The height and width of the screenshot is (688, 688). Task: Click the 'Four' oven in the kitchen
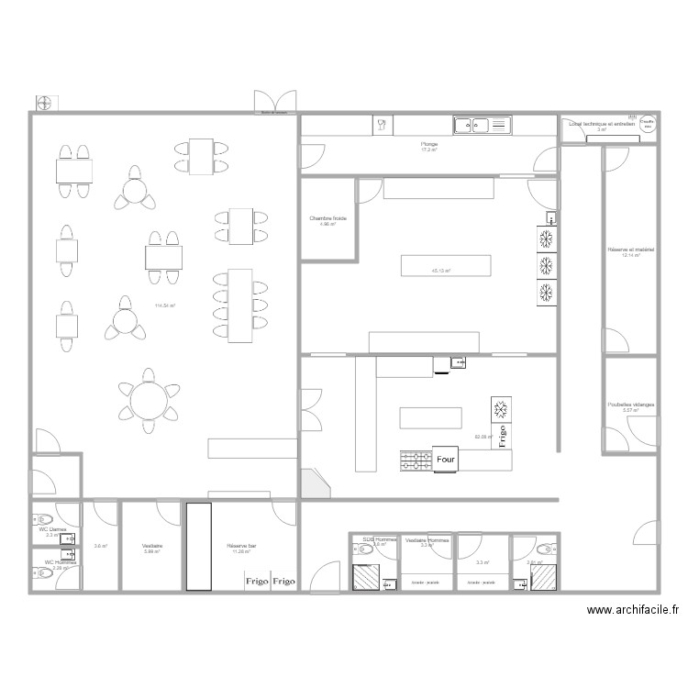[446, 460]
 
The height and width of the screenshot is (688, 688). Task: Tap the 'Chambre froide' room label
[327, 218]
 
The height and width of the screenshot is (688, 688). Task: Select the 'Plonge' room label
[429, 144]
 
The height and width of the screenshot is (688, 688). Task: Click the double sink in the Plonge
[481, 124]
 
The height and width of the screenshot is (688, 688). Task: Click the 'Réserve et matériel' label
[630, 250]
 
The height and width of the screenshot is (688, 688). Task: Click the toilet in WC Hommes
[43, 575]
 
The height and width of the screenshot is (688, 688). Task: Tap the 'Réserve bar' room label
[241, 546]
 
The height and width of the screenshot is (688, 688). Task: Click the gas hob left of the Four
[416, 461]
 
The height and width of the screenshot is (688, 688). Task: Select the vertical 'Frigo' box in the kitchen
[502, 430]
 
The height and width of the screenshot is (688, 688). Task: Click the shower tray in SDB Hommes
[365, 577]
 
